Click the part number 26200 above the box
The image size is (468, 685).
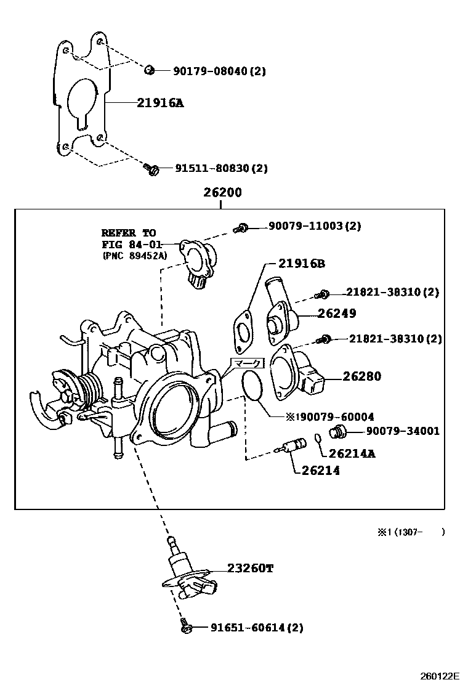[222, 192]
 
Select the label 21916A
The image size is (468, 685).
[160, 103]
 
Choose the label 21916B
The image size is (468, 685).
[302, 264]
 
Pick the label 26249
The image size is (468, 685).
[337, 313]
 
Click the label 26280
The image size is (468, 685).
[362, 376]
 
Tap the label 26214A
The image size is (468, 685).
[352, 453]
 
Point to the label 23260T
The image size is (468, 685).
[250, 568]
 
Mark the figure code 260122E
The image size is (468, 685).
[440, 676]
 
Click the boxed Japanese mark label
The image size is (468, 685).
[247, 363]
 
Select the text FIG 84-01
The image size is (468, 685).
[131, 245]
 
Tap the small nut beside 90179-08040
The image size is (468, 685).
[149, 70]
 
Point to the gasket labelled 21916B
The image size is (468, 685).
[242, 331]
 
